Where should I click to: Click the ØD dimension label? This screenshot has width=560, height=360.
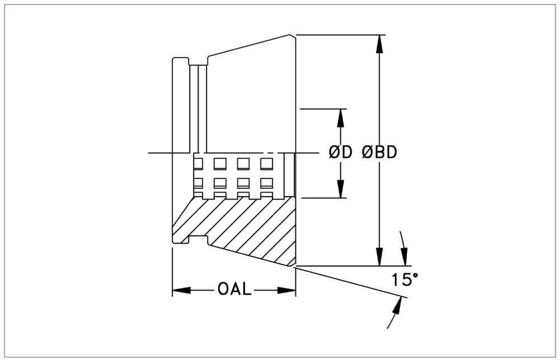point(340,153)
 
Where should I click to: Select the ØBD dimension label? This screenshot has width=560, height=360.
point(379,153)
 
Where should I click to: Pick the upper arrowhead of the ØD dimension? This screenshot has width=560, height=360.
point(340,115)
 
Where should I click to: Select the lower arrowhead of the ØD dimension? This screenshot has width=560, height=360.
point(340,191)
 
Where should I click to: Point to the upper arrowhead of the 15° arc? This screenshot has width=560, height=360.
point(403,257)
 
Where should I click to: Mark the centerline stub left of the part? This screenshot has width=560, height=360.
point(160,153)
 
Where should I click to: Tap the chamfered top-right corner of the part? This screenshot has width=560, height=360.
point(293,36)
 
